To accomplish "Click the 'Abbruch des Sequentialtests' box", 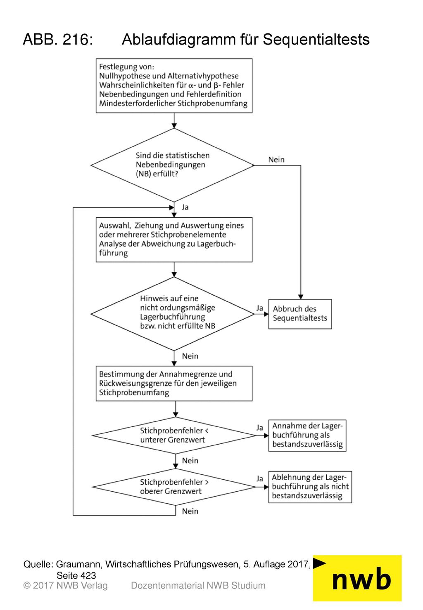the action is (x=300, y=314).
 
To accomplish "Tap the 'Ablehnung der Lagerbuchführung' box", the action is (x=310, y=487).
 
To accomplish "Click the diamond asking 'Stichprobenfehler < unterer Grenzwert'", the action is (x=174, y=436).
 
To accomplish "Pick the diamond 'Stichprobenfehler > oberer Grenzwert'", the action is (x=174, y=487).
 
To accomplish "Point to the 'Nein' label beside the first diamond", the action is (x=276, y=160).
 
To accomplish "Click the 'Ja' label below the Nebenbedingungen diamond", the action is (x=185, y=207).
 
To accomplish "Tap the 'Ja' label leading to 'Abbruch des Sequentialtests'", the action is (x=260, y=308).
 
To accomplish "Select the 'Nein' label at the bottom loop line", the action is (x=190, y=511).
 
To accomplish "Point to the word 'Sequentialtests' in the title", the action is (x=316, y=40).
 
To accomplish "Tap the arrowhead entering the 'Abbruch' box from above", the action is (x=301, y=297).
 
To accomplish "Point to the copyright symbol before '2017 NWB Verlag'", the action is (x=27, y=586).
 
